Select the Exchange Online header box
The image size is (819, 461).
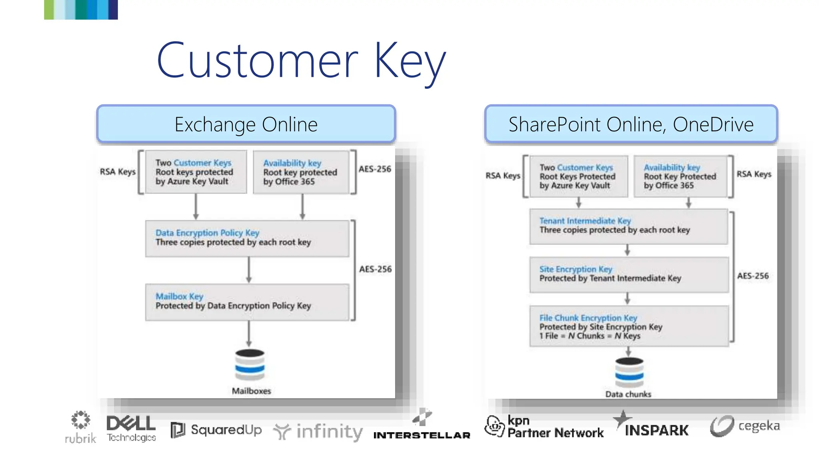(x=246, y=124)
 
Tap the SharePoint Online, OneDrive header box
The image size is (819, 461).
(x=631, y=124)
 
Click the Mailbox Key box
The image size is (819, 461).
(x=247, y=302)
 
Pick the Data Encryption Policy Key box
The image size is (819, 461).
(x=247, y=239)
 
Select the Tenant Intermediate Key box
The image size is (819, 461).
(x=628, y=226)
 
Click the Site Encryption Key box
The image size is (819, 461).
(x=629, y=275)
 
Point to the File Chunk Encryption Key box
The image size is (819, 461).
(x=629, y=326)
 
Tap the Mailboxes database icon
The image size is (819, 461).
(x=250, y=365)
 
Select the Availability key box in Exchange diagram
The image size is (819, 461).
(x=301, y=172)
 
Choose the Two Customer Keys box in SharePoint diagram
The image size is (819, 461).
(x=578, y=176)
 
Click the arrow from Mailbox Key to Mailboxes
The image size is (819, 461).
(x=249, y=334)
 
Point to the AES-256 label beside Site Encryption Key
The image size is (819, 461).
(x=753, y=276)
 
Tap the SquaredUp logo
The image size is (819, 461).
(x=216, y=430)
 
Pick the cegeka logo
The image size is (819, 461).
(x=745, y=426)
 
